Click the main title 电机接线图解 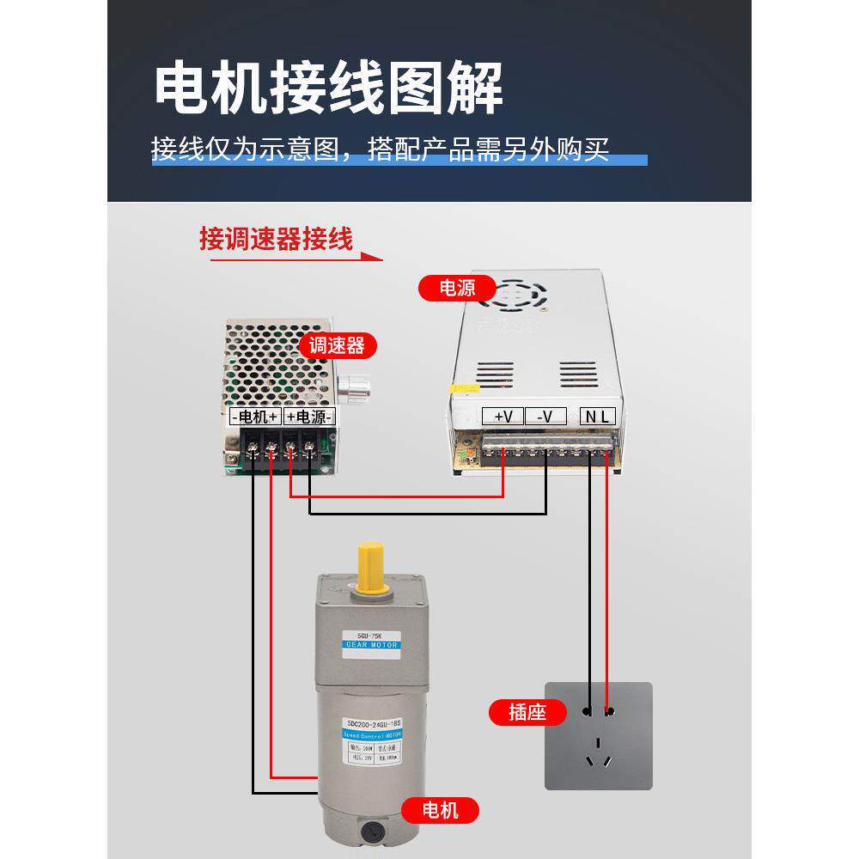[x=328, y=88]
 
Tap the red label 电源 [x=457, y=288]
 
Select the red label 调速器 [x=337, y=345]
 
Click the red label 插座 [x=527, y=712]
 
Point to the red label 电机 [x=441, y=810]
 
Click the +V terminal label [x=503, y=417]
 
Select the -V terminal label [x=545, y=417]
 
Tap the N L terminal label [x=599, y=417]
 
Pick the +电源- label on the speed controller [x=308, y=417]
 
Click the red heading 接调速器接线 [x=276, y=239]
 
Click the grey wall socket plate [x=599, y=735]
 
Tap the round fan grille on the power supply [x=513, y=293]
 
